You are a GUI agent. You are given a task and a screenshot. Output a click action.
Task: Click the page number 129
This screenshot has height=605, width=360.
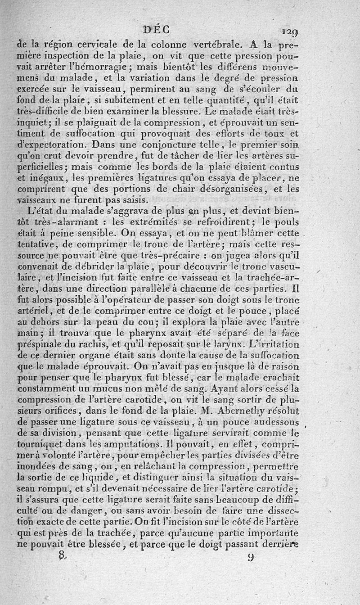pos(290,32)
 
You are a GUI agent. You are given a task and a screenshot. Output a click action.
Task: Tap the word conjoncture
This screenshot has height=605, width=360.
pos(150,145)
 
